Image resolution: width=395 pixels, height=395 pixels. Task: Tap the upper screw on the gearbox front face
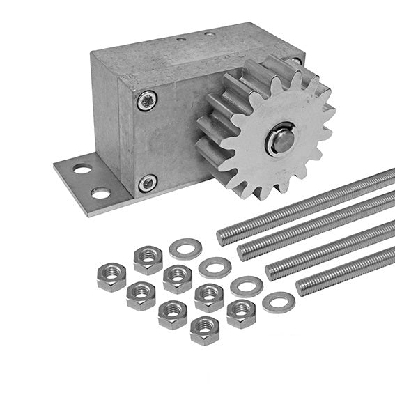[147, 102]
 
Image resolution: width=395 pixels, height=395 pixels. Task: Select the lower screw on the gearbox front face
[147, 183]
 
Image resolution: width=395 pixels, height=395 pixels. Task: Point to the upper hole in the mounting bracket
[82, 169]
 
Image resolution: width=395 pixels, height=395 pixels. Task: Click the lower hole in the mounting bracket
[100, 193]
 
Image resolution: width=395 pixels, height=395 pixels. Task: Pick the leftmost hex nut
[111, 277]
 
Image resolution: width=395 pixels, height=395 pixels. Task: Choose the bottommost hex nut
[205, 330]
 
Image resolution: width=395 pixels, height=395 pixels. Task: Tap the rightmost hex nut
[241, 313]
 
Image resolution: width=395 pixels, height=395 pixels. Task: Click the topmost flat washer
[185, 249]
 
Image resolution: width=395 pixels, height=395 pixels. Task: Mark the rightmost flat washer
[279, 303]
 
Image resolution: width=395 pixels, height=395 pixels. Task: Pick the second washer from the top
[215, 267]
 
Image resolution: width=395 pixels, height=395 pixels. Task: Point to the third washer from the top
[247, 286]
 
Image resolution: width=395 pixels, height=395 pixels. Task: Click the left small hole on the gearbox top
[181, 40]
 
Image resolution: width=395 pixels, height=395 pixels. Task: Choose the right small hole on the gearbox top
[209, 33]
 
